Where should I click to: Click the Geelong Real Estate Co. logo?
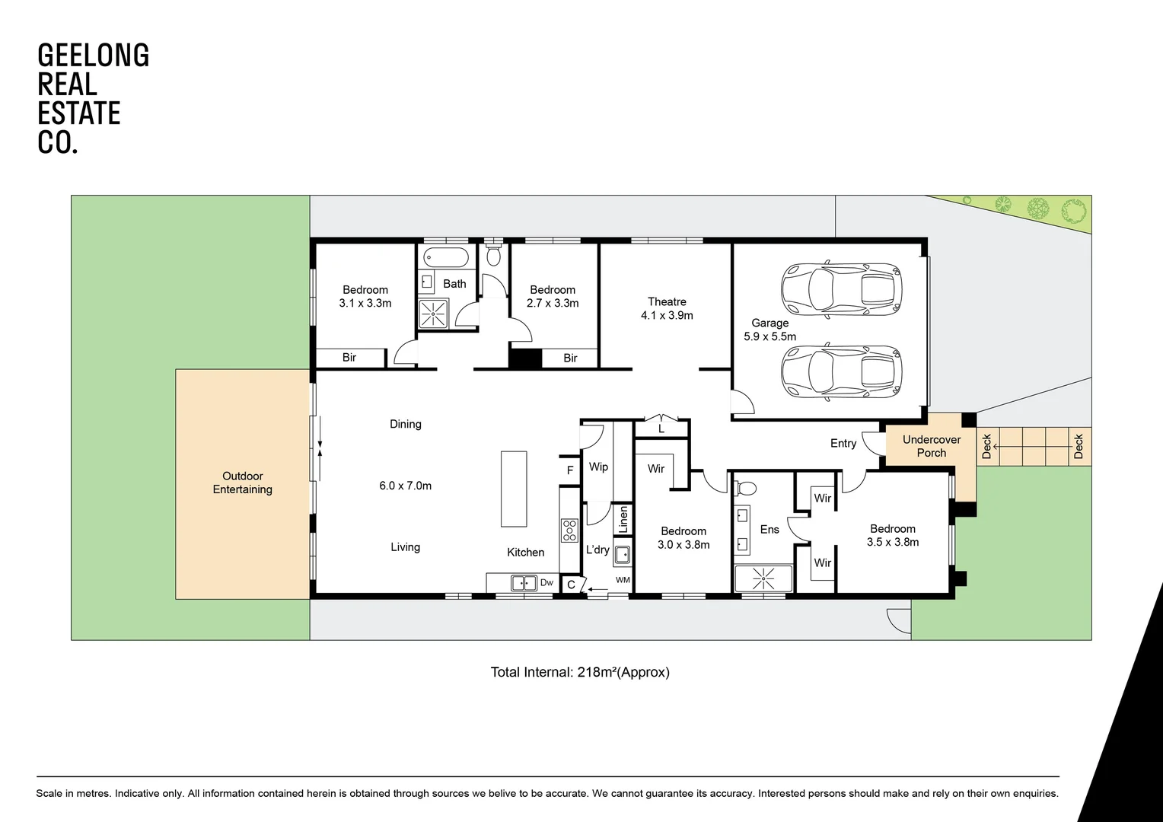tap(94, 99)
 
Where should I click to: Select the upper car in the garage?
tap(841, 289)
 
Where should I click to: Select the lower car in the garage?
tap(841, 371)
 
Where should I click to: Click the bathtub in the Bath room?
tap(446, 257)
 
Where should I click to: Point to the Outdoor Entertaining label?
tap(243, 483)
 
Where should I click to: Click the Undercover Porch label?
tap(932, 446)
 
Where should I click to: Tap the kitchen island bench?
tap(514, 489)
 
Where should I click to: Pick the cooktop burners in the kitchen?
tap(569, 530)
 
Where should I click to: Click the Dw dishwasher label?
tap(546, 582)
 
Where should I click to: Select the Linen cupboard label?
tap(623, 519)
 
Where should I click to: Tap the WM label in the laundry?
tap(623, 580)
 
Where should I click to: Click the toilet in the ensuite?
tap(746, 488)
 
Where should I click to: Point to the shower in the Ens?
tap(763, 578)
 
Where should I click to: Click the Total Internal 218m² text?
tap(580, 673)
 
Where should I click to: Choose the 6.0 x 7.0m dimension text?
tap(405, 486)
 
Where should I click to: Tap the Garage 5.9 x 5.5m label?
tap(769, 330)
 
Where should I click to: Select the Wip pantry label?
tap(598, 467)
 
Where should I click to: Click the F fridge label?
tap(570, 470)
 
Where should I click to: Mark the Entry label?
tap(843, 444)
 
